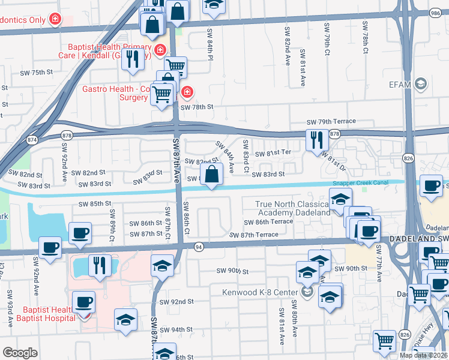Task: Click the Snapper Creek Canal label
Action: click(x=360, y=184)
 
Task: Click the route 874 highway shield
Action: click(x=32, y=139)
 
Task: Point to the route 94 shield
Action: click(x=197, y=246)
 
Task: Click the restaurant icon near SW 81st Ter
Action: click(x=317, y=140)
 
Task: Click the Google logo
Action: click(x=20, y=352)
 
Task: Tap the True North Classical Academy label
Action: click(x=293, y=208)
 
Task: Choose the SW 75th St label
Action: click(x=37, y=72)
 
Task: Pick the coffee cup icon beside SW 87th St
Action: click(x=79, y=233)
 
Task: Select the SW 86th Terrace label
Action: click(x=268, y=221)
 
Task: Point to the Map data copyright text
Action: click(x=424, y=355)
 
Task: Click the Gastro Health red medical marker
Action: click(x=187, y=92)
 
